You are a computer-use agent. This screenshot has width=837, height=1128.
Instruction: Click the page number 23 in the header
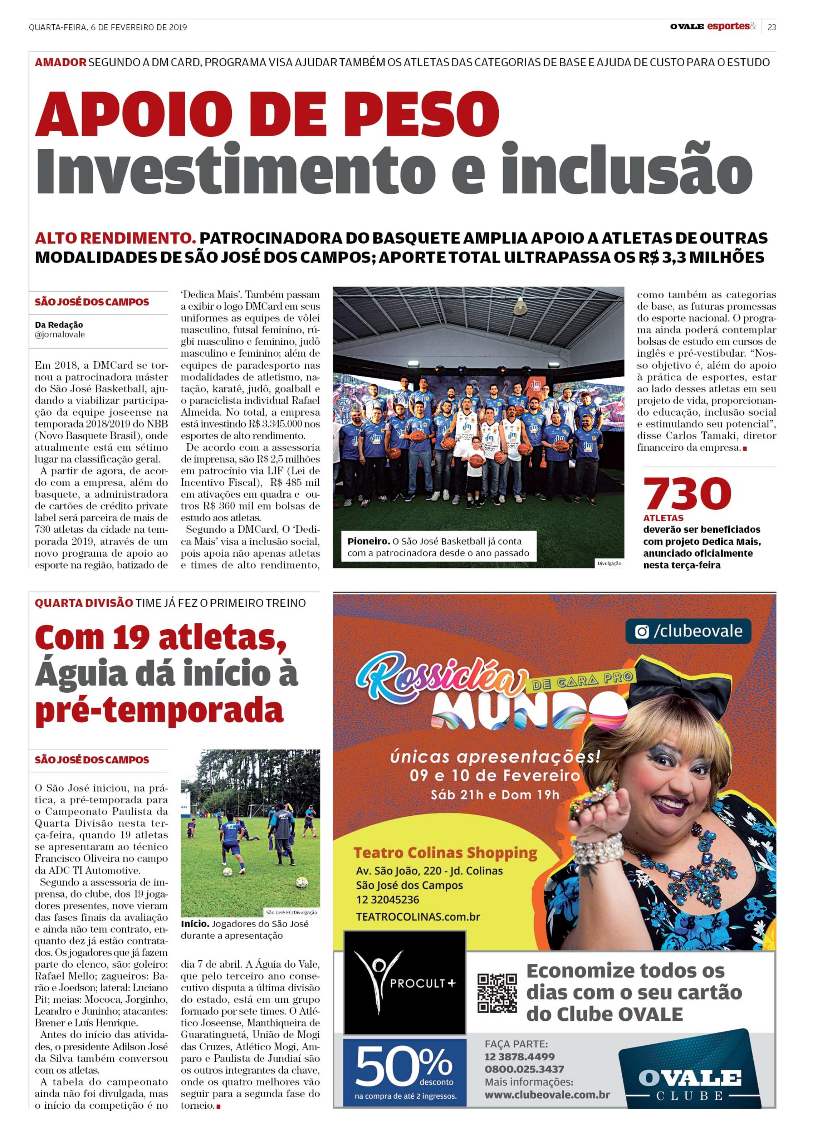(x=771, y=27)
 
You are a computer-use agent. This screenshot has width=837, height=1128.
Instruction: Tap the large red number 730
(x=687, y=494)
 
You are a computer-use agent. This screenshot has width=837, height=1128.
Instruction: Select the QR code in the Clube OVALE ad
(x=497, y=993)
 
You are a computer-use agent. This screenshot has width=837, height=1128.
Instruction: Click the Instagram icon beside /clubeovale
(x=642, y=631)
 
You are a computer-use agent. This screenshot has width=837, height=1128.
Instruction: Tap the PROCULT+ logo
(x=404, y=982)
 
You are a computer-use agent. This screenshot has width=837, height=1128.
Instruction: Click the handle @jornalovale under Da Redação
(x=60, y=335)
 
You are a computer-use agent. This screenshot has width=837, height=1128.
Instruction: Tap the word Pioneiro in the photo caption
(x=368, y=541)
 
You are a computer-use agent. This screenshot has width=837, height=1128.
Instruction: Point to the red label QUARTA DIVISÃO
(x=84, y=603)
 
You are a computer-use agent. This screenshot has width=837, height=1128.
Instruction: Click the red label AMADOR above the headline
(x=60, y=62)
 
